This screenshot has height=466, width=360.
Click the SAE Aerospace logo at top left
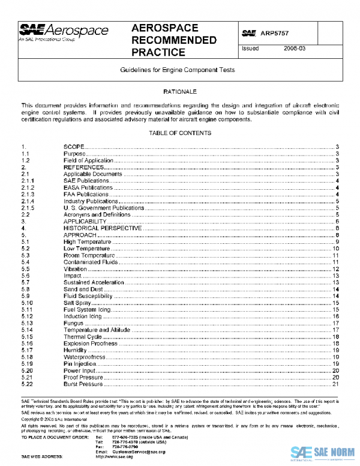tap(64, 32)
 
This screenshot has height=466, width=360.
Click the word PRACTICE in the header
tap(158, 52)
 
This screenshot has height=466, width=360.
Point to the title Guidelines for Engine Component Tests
tap(180, 70)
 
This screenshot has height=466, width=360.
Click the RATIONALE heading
tap(180, 91)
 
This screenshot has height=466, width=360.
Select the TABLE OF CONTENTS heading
tap(180, 133)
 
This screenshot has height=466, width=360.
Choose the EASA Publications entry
tap(88, 188)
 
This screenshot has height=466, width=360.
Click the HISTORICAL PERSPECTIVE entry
tap(103, 228)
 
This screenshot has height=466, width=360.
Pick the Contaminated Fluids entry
tap(92, 262)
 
